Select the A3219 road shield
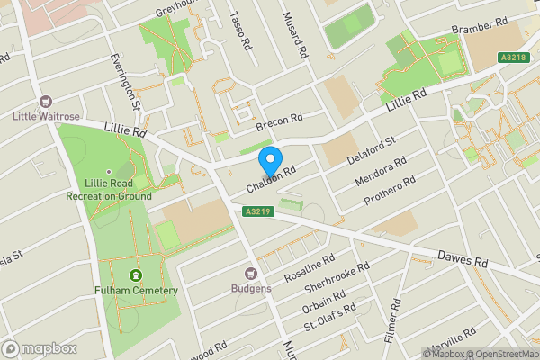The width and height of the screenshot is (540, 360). point(258,211)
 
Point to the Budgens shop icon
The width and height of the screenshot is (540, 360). point(253,274)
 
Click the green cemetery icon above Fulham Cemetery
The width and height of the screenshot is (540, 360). point(136,274)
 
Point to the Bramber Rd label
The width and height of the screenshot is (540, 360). point(474,29)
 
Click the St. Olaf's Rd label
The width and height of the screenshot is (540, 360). point(329,317)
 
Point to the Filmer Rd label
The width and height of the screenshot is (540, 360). point(390,327)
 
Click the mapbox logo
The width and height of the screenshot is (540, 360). point(40,348)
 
